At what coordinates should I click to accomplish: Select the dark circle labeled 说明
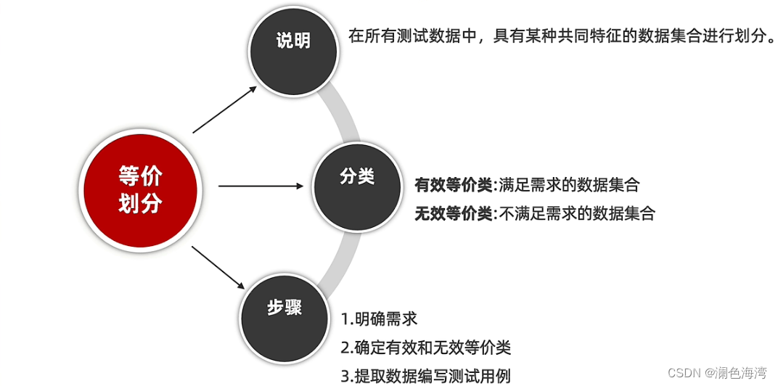(293, 50)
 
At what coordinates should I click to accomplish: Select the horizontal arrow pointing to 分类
(261, 186)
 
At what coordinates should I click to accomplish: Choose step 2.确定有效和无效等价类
(426, 348)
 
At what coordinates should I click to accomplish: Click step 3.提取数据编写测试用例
(426, 376)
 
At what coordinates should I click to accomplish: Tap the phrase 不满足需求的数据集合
(578, 214)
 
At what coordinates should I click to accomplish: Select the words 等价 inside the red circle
(140, 176)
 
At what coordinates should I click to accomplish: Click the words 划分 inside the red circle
(140, 204)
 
